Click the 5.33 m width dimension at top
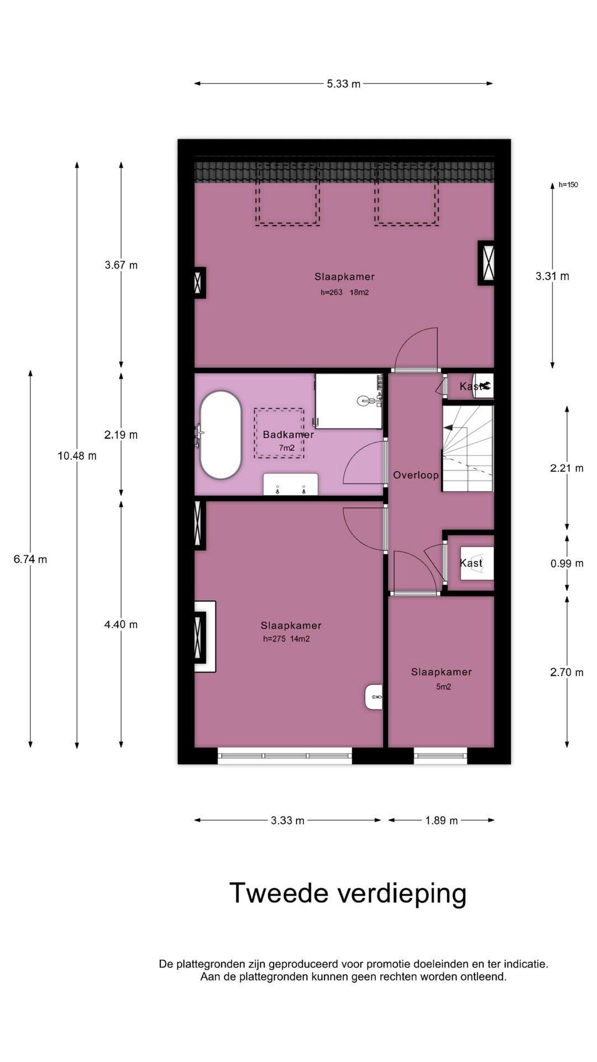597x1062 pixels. click(343, 84)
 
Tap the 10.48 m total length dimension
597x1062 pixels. click(77, 456)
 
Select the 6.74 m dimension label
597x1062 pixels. click(30, 559)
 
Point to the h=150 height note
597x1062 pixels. click(568, 185)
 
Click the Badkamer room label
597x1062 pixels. click(288, 435)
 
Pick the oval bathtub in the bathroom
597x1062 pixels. click(221, 435)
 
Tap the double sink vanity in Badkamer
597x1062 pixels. click(290, 485)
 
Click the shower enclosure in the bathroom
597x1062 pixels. click(348, 400)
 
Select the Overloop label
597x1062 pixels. click(416, 475)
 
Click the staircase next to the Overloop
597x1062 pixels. click(468, 448)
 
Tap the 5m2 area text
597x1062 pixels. click(443, 687)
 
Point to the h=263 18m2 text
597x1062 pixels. click(344, 293)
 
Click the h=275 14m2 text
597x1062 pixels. click(286, 639)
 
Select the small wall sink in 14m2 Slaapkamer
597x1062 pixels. click(374, 697)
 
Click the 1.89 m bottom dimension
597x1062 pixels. click(441, 820)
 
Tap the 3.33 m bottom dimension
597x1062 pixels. click(287, 820)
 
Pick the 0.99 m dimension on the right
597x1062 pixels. click(567, 564)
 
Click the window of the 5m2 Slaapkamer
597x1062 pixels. click(441, 756)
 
